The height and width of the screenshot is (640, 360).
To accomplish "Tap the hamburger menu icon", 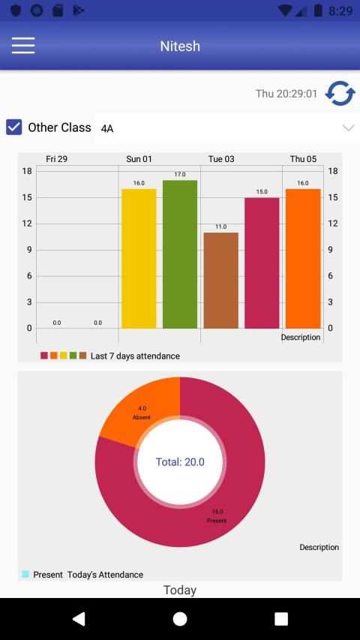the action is [23, 45].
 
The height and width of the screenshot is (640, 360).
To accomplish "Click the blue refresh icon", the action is [340, 94].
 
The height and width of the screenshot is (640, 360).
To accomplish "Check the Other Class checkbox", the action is [14, 128].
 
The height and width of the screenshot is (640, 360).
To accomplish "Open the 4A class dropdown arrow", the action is [348, 128].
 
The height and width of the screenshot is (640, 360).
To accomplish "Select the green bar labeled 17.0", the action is [180, 254].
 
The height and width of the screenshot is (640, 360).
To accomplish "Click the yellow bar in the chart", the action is [139, 259].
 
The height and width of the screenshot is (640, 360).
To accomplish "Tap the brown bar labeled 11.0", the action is [220, 281].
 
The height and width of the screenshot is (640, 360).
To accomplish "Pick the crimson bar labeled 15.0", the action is [262, 263].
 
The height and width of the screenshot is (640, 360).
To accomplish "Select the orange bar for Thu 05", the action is [303, 259].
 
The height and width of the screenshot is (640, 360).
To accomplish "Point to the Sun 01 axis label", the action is [139, 159].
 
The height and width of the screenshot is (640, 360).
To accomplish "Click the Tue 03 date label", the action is [221, 159].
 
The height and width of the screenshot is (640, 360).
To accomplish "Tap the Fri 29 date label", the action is [57, 159].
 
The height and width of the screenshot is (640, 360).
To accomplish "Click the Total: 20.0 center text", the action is [180, 462].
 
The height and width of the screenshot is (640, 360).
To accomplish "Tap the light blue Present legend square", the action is [25, 574].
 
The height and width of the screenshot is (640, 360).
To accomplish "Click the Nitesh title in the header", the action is [180, 46].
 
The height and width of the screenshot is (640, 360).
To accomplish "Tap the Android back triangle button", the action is [79, 619].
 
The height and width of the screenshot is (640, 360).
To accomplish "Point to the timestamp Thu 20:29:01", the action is [286, 94].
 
